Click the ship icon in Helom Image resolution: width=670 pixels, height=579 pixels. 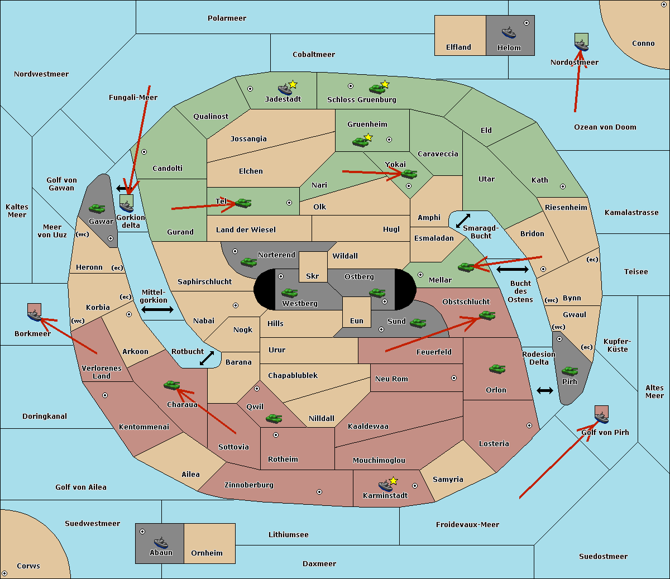509,32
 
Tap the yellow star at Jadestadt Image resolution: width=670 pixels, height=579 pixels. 293,84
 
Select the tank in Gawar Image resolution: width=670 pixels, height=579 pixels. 97,208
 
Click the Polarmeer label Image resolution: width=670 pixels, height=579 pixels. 227,18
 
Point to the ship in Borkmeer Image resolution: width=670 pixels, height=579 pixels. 35,315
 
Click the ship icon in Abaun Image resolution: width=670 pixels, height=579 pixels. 161,542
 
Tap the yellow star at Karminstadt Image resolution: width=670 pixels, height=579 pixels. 393,480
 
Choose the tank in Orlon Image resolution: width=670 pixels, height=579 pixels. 497,369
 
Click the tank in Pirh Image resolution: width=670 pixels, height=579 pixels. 569,371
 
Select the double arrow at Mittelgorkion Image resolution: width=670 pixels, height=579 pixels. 157,309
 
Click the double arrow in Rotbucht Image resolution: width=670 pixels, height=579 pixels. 207,358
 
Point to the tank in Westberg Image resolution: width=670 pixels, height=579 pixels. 289,293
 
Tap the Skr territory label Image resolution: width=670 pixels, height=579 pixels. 312,276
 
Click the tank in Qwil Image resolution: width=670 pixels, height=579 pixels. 274,418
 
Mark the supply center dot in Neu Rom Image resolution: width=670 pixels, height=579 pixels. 454,378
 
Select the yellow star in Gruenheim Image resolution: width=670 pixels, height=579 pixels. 368,137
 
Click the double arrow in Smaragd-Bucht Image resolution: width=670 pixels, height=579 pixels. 463,221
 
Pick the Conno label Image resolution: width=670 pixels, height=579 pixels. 643,43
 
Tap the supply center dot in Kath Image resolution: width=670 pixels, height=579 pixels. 563,186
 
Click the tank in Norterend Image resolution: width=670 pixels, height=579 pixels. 248,262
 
